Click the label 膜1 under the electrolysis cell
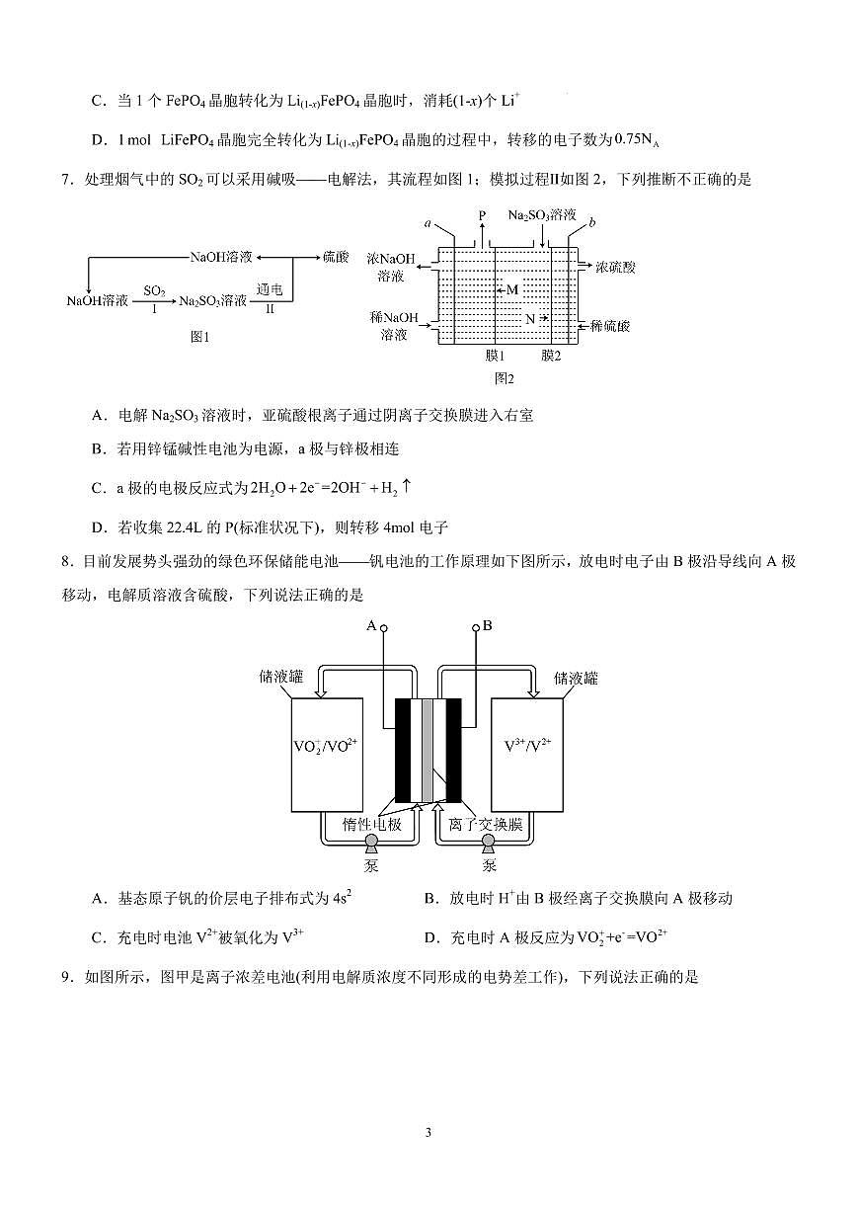[x=496, y=356]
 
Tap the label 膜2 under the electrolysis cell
[x=550, y=356]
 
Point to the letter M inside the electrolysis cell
[x=511, y=289]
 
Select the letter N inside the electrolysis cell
[x=530, y=319]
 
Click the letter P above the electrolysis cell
[x=482, y=214]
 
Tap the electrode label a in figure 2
[x=428, y=224]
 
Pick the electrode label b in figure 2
[x=591, y=222]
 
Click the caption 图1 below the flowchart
[x=200, y=337]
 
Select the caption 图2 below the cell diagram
[x=504, y=377]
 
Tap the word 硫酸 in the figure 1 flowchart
[x=336, y=256]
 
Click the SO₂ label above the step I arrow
[x=154, y=290]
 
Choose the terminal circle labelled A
[x=385, y=626]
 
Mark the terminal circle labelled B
[x=476, y=626]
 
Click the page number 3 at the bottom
[x=428, y=1132]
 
